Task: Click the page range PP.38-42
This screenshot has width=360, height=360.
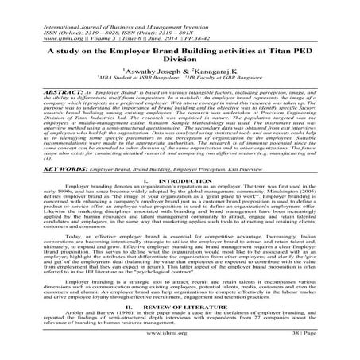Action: pos(166,20)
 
